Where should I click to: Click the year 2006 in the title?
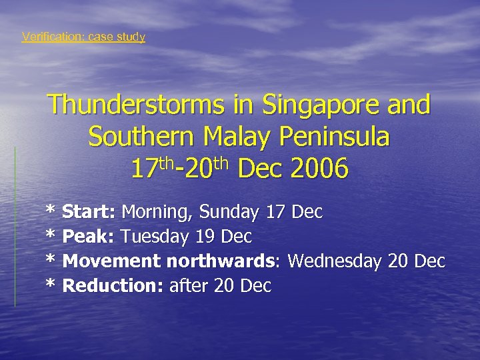(x=319, y=169)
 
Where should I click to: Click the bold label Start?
(x=89, y=213)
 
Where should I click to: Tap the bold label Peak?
(x=89, y=237)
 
